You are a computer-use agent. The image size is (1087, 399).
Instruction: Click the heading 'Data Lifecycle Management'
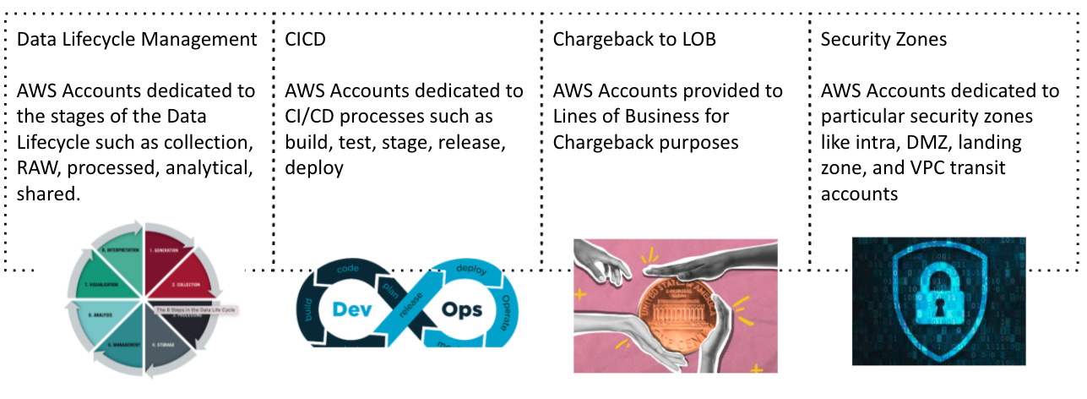pyautogui.click(x=137, y=39)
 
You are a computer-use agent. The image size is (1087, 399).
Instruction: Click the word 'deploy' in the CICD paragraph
pyautogui.click(x=314, y=168)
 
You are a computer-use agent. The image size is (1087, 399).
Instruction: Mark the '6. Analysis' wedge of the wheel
pyautogui.click(x=101, y=315)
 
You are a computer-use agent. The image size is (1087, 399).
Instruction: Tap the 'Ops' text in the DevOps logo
pyautogui.click(x=462, y=309)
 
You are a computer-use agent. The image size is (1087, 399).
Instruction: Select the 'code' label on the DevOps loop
pyautogui.click(x=351, y=269)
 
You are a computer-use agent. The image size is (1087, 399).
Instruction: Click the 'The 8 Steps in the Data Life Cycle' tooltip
pyautogui.click(x=197, y=309)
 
